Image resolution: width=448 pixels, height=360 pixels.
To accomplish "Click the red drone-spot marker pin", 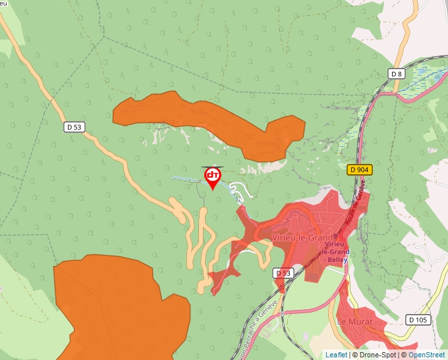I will coord(213,177).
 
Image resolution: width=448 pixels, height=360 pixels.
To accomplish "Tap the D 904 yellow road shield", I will coord(360,170).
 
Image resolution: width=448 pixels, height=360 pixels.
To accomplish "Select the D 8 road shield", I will coord(396,74).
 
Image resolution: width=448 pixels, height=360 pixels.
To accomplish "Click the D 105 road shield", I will coord(418,320).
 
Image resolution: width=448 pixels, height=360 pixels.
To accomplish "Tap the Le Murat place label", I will coord(354,322).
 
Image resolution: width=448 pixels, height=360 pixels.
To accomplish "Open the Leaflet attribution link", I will coord(336,355).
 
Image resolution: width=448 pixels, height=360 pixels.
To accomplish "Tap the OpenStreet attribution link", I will coord(426,355).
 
